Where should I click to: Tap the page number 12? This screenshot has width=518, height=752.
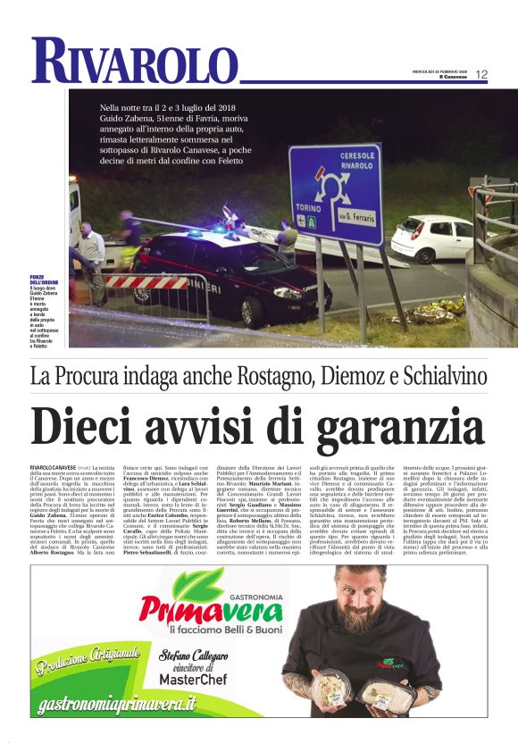[x=481, y=74]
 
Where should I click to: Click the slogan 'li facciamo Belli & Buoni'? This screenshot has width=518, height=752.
[x=214, y=633]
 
